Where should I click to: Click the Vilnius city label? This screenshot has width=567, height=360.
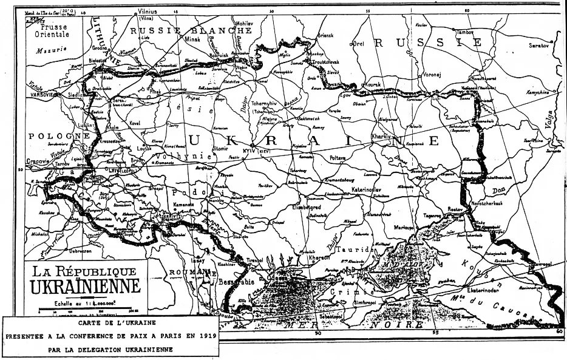coord(148,11)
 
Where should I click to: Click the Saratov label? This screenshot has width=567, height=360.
coord(537,46)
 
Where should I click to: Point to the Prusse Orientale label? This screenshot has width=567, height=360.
coord(52,31)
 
